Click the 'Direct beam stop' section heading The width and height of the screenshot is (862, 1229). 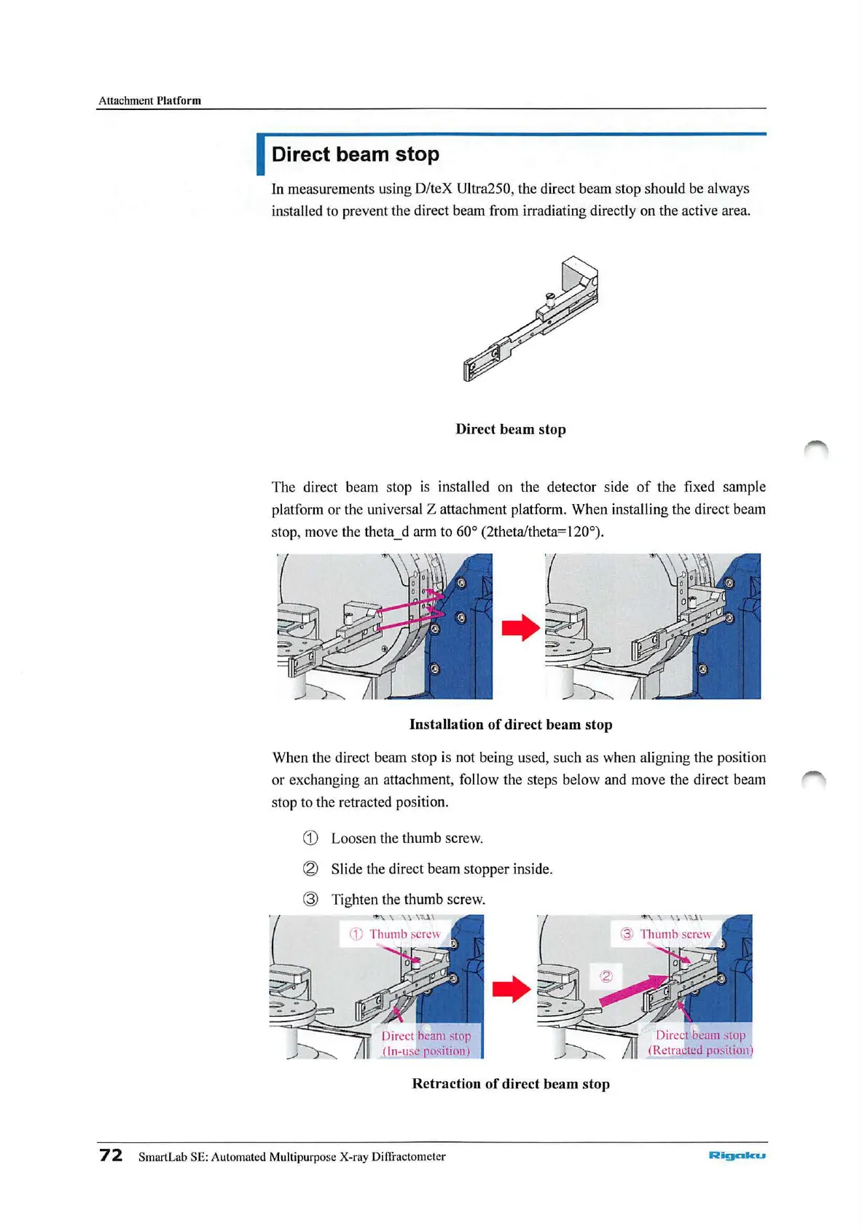point(355,154)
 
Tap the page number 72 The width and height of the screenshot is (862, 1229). point(111,1155)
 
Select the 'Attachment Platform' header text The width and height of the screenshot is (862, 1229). point(149,101)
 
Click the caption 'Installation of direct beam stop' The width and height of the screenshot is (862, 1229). point(510,724)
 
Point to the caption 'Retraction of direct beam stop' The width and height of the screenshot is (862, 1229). point(510,1083)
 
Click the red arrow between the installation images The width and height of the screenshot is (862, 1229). point(520,627)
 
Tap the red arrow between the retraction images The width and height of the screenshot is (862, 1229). point(511,989)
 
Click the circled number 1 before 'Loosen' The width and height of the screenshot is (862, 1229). point(310,838)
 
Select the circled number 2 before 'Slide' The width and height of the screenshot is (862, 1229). point(310,868)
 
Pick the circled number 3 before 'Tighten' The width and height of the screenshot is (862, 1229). point(310,899)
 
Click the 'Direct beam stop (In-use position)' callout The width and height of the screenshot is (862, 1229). point(426,1043)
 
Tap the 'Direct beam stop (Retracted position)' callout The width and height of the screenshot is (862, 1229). point(700,1042)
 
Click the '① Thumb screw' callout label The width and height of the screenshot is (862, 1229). point(395,934)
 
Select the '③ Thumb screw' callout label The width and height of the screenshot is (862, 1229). point(665,934)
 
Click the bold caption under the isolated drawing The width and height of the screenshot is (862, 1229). point(510,429)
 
